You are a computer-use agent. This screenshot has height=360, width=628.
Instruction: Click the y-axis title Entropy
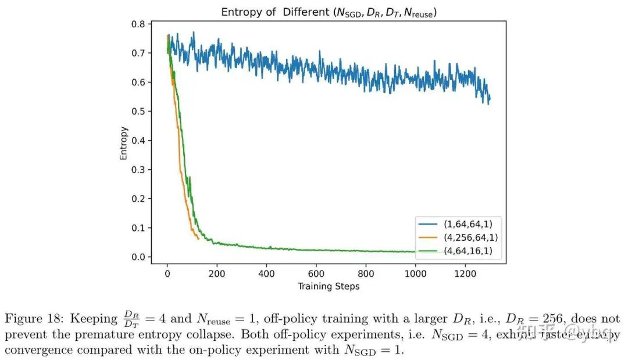(124, 143)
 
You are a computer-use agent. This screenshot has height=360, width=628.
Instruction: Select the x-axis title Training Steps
(329, 286)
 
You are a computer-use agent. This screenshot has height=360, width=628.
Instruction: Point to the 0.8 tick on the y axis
(138, 24)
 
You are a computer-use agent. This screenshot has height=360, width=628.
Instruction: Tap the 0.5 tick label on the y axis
(138, 112)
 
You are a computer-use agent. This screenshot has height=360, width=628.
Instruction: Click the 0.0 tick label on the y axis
(138, 257)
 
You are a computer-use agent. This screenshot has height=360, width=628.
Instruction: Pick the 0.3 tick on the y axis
(138, 170)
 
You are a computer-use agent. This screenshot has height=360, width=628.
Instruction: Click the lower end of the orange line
(199, 239)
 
